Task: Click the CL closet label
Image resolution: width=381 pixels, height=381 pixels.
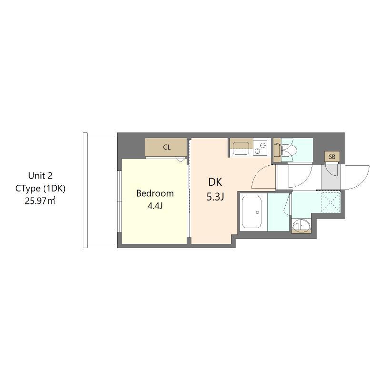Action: pos(167,147)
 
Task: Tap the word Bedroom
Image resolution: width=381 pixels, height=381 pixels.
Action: pos(155,193)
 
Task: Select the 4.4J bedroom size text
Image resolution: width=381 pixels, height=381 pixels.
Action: pos(155,206)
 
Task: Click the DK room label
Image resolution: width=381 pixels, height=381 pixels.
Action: pos(215,182)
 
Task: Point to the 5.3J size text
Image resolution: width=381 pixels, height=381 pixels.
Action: pos(215,197)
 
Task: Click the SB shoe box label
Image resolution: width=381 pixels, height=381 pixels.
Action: pos(332,157)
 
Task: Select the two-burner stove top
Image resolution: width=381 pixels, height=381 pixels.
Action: pos(261,147)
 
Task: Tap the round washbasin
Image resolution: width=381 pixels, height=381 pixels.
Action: pos(300,225)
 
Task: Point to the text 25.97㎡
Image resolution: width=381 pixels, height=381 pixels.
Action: pos(40,201)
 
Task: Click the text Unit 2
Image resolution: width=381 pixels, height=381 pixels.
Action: pos(40,175)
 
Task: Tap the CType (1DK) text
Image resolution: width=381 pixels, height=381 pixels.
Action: pos(40,188)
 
